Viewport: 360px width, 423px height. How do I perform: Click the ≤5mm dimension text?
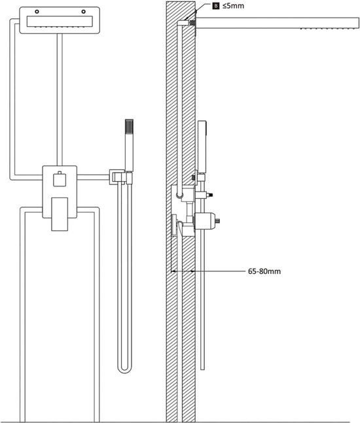click(233, 6)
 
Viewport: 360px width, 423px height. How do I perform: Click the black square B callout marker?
click(216, 6)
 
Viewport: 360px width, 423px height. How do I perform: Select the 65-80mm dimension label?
click(264, 271)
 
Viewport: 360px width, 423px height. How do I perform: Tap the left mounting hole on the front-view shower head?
click(37, 12)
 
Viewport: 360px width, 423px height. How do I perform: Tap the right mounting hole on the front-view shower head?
click(83, 12)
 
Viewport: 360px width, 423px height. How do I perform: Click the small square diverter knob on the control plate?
click(60, 179)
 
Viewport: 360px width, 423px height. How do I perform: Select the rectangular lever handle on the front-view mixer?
click(60, 214)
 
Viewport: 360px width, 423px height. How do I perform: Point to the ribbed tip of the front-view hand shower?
click(129, 126)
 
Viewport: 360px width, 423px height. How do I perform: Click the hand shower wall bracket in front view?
click(120, 177)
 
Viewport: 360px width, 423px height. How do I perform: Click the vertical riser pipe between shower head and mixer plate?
click(60, 99)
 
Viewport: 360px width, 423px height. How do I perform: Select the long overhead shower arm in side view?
click(278, 23)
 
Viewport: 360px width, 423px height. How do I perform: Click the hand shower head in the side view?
click(202, 145)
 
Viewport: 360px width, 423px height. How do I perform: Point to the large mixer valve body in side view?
click(205, 221)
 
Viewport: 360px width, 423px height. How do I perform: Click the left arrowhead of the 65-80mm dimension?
click(173, 271)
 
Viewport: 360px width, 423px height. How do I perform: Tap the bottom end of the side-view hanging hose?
click(202, 368)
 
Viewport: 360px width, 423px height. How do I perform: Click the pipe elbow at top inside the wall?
click(183, 23)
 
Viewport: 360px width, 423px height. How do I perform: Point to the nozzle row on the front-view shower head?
click(60, 27)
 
